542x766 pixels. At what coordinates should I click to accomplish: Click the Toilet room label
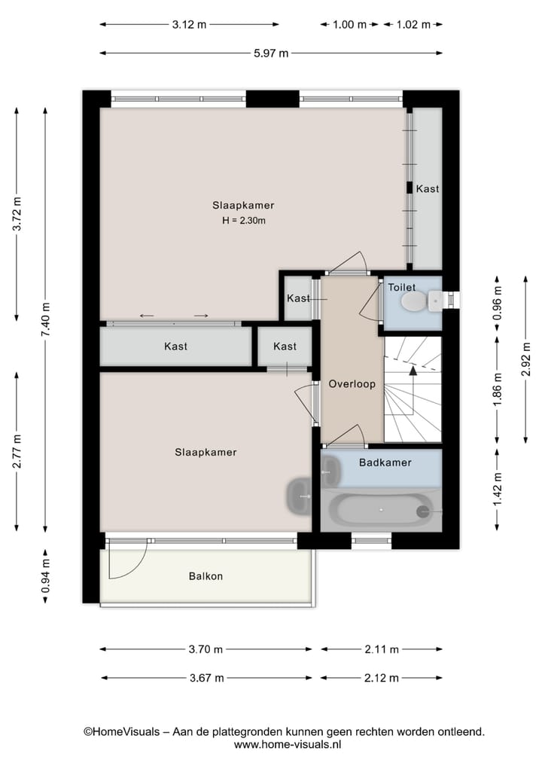pyautogui.click(x=401, y=287)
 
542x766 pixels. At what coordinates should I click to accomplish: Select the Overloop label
pyautogui.click(x=352, y=383)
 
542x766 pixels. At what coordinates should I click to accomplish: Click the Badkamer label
pyautogui.click(x=385, y=462)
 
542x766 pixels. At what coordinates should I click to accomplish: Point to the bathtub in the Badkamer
pyautogui.click(x=384, y=511)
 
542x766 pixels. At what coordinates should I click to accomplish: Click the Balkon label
pyautogui.click(x=206, y=576)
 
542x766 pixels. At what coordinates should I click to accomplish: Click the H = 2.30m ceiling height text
pyautogui.click(x=243, y=221)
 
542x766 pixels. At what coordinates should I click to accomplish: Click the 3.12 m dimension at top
pyautogui.click(x=189, y=24)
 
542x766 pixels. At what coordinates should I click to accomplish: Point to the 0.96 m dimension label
pyautogui.click(x=497, y=300)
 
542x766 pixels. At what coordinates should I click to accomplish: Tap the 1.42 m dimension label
pyautogui.click(x=497, y=489)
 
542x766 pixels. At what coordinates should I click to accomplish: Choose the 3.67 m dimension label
pyautogui.click(x=206, y=677)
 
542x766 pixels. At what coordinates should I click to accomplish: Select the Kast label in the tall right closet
pyautogui.click(x=428, y=189)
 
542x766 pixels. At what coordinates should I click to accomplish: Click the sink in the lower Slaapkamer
pyautogui.click(x=298, y=496)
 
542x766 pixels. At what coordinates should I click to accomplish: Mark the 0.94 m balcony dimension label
pyautogui.click(x=45, y=575)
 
